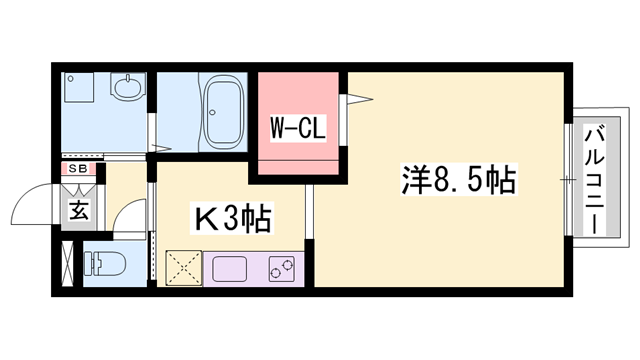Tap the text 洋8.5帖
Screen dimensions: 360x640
tap(459, 180)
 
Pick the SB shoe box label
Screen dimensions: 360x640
tap(77, 169)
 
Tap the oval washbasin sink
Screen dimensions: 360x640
tap(128, 89)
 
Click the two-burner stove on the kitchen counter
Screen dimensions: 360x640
tap(282, 268)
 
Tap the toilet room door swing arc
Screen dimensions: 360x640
tap(128, 217)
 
